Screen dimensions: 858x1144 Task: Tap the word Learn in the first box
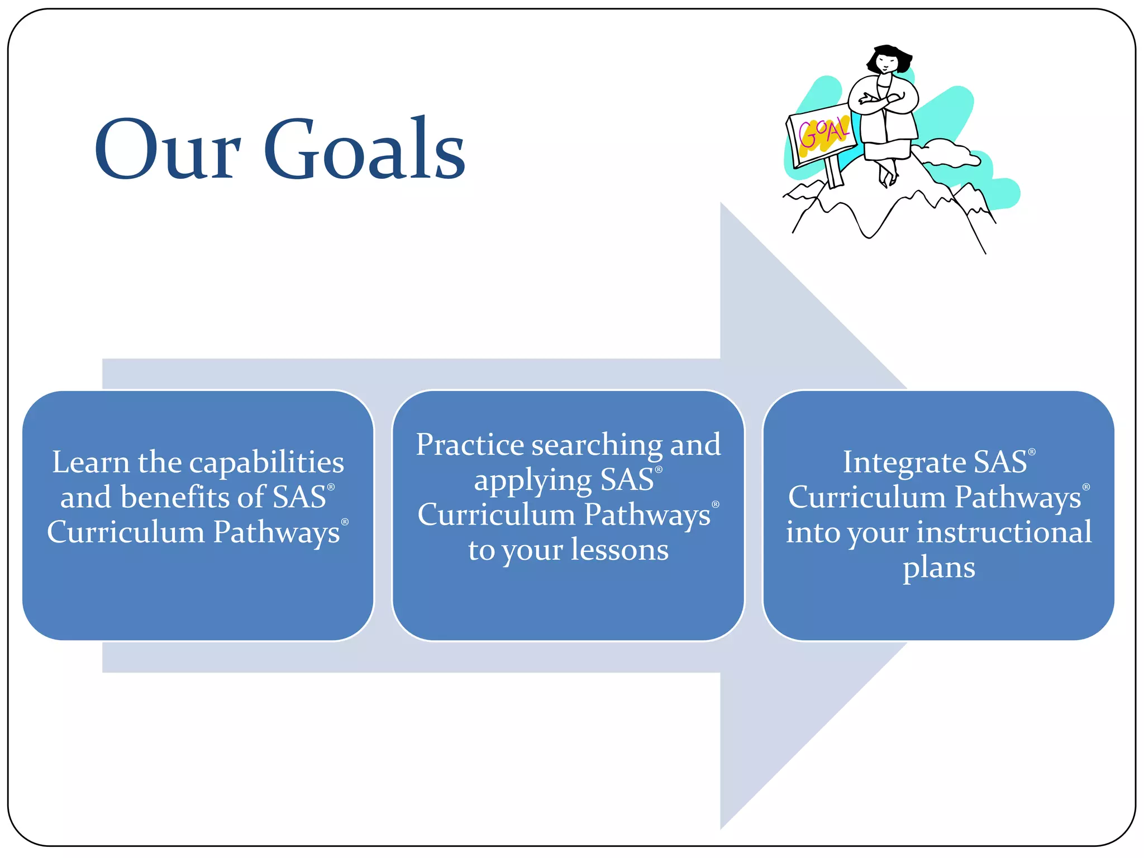coord(90,463)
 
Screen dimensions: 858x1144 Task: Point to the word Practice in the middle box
coord(470,445)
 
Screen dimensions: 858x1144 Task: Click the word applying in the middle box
coord(532,481)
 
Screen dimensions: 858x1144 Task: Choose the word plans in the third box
coord(939,568)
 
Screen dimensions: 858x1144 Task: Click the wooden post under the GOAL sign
coord(833,172)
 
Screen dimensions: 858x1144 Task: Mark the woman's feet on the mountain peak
coord(888,178)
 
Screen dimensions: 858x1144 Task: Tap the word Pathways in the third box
coord(1018,497)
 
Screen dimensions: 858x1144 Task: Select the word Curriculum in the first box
coord(126,532)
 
